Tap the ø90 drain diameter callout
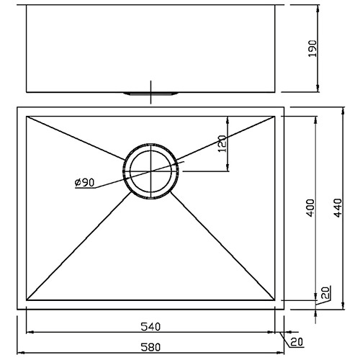84,183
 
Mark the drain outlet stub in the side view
150,94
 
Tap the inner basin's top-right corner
276,116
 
